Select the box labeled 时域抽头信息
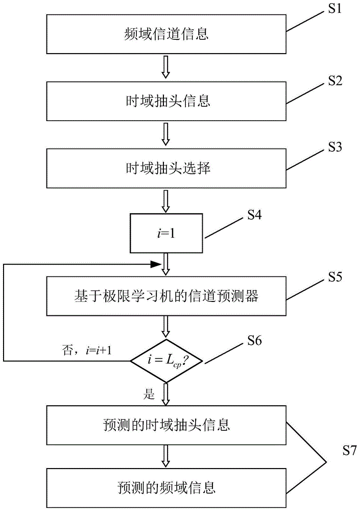pyautogui.click(x=166, y=101)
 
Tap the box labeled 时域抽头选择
pyautogui.click(x=166, y=168)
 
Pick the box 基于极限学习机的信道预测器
pyautogui.click(x=166, y=296)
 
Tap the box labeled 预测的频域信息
pyautogui.click(x=166, y=487)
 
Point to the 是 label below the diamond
pyautogui.click(x=150, y=394)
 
